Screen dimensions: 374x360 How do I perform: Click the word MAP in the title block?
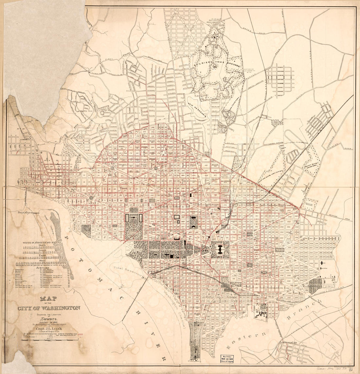48,299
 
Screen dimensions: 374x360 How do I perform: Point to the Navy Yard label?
261,307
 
